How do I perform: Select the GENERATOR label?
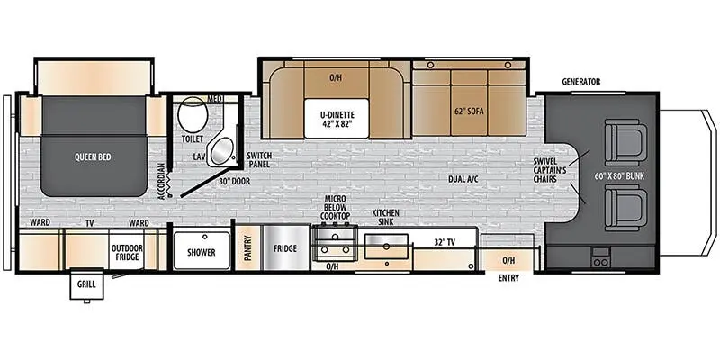point(581,82)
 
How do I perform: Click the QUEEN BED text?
point(93,157)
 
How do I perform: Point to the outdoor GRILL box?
point(86,283)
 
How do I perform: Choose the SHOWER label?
point(201,252)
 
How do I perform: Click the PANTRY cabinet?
point(248,248)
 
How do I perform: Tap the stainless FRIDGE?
point(285,248)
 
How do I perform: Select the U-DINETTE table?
point(336,118)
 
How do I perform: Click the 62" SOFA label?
point(470,112)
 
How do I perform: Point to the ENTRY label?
point(508,278)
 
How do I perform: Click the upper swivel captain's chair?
point(625,142)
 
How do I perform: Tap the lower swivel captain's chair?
point(625,208)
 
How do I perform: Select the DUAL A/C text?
point(463,179)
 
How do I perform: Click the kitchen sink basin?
point(386,247)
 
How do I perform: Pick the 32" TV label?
point(445,243)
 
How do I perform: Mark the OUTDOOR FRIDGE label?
point(127,253)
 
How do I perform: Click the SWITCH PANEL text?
point(257,159)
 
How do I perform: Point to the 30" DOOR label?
point(234,182)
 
